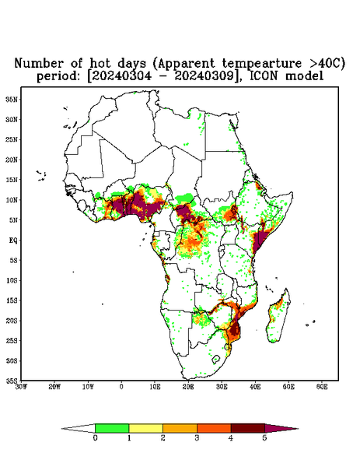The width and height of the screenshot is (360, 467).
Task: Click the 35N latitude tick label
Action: (12, 99)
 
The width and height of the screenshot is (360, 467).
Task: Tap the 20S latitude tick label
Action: (12, 321)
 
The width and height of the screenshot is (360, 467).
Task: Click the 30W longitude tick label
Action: (21, 387)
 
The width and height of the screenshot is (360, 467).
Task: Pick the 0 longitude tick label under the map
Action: (121, 387)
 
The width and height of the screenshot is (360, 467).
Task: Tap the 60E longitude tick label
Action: (322, 387)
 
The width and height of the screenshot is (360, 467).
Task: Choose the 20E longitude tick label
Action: (188, 387)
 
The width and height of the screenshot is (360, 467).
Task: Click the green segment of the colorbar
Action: (112, 428)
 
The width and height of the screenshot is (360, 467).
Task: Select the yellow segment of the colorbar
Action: (145, 428)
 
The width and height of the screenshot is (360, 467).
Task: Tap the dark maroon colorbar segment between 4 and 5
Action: (248, 428)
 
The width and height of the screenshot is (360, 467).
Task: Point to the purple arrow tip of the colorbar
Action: (281, 428)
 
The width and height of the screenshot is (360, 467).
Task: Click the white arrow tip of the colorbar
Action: (79, 428)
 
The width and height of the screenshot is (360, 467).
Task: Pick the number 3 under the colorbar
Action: (197, 438)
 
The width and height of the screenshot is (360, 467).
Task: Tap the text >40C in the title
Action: (326, 63)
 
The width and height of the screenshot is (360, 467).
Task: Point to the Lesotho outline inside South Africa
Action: (216, 359)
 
